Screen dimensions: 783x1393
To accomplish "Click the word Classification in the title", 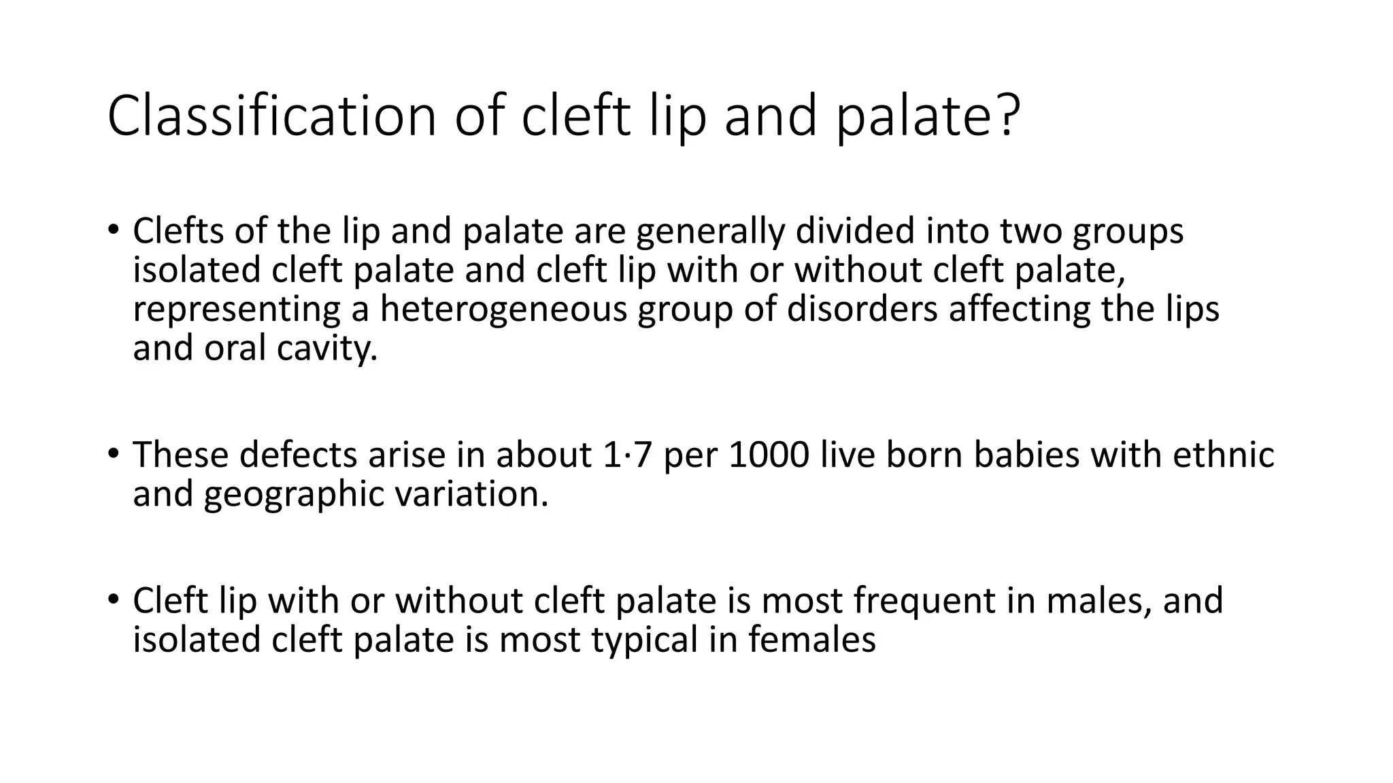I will (x=271, y=116).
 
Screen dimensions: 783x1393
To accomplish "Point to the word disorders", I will (x=862, y=309).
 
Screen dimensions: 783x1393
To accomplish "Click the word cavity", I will (x=326, y=349).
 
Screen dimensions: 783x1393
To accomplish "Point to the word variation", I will (x=471, y=494).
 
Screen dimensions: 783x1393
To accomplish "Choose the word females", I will (x=812, y=640).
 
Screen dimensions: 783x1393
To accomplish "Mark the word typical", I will (x=644, y=640).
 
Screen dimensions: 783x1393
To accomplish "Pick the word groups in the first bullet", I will (x=1128, y=232).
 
